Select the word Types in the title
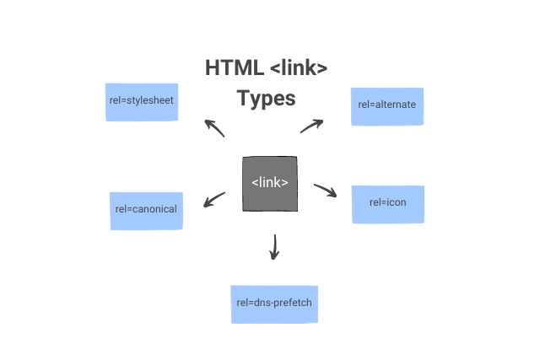[266, 99]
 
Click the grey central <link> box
[270, 183]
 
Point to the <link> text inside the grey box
[270, 182]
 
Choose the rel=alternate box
[387, 106]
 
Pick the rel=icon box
[388, 204]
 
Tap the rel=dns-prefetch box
[275, 304]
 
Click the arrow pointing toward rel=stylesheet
[214, 128]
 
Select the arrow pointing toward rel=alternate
[312, 126]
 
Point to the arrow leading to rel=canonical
[214, 200]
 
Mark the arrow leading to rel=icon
[325, 191]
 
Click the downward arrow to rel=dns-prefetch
[273, 247]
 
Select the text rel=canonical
[147, 209]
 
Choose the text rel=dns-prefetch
[275, 302]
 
